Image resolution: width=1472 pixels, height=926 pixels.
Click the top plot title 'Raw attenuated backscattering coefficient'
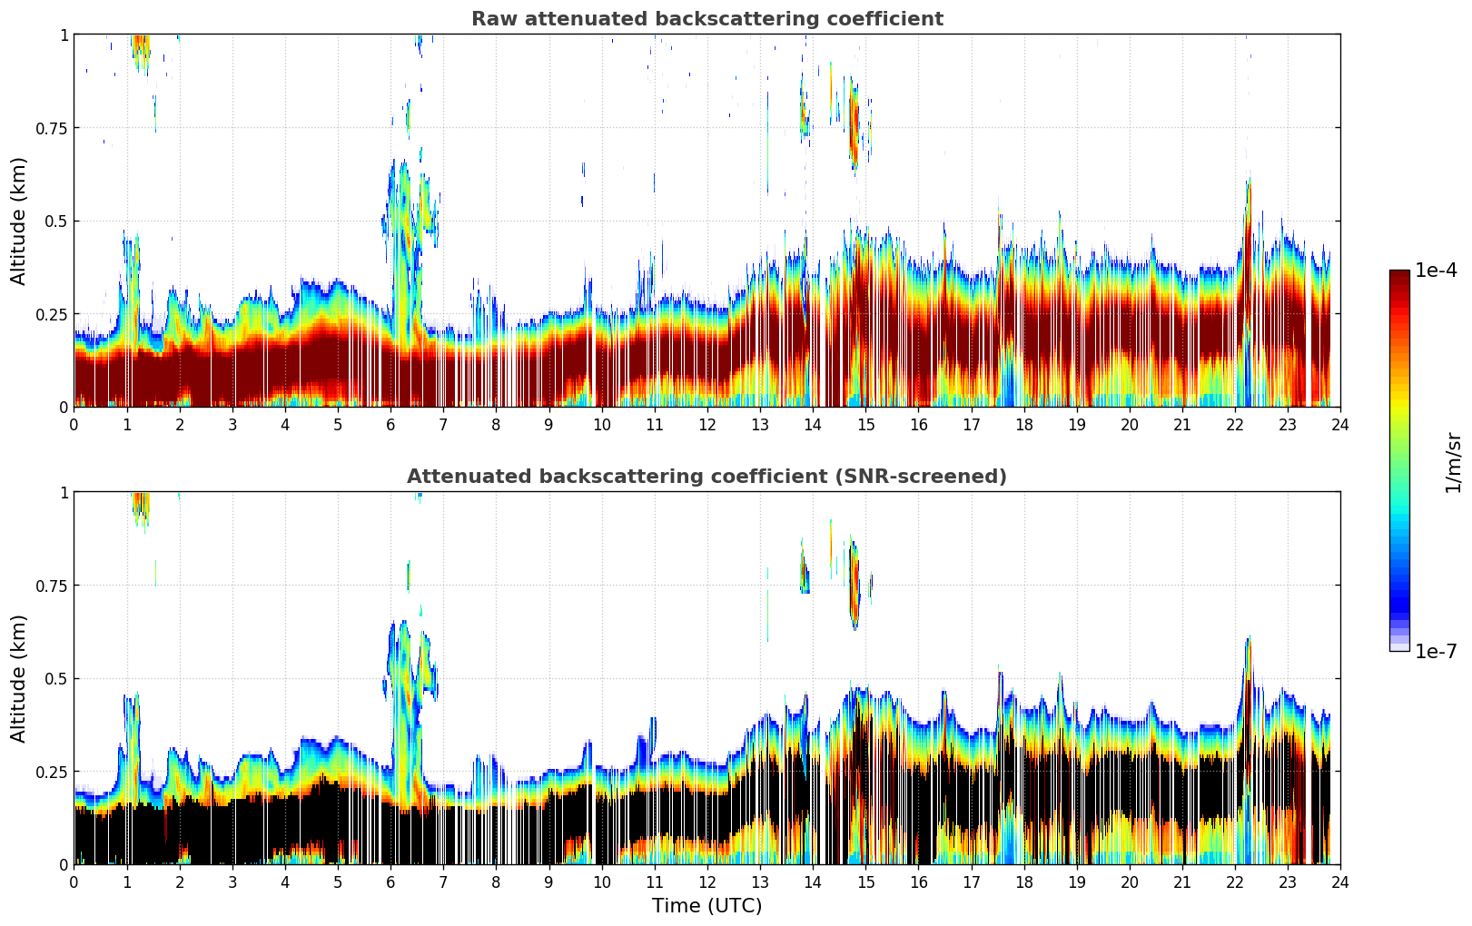pos(706,19)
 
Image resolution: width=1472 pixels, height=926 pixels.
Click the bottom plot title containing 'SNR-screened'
pos(706,477)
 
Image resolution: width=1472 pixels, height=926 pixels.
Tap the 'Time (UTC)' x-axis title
pos(706,906)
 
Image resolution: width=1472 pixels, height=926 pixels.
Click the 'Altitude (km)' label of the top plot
pos(19,221)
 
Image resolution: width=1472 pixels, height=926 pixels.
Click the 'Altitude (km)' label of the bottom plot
pos(19,678)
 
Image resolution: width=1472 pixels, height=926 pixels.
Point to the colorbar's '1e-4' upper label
pos(1436,271)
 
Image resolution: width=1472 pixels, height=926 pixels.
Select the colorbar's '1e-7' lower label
pos(1436,652)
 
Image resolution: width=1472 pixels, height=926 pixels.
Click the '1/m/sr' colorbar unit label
pos(1453,462)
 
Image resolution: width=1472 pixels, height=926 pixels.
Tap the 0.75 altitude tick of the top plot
pos(52,128)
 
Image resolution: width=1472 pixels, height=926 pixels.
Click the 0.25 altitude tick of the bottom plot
pos(52,772)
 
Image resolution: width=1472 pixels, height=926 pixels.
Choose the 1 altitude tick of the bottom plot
pos(64,493)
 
